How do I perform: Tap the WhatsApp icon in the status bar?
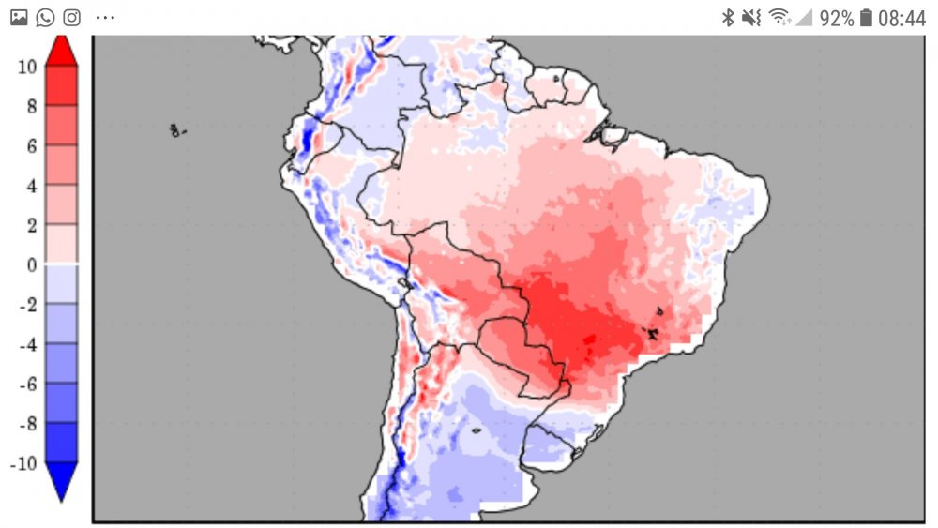click(45, 17)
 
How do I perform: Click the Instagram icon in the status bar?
click(71, 17)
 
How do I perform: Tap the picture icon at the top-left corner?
click(19, 17)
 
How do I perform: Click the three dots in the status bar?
click(105, 18)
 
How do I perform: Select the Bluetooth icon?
click(727, 18)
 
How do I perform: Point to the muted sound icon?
click(750, 18)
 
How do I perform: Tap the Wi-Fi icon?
click(779, 18)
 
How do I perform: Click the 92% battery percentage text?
click(836, 18)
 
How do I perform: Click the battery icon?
click(866, 18)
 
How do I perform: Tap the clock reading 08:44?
click(901, 18)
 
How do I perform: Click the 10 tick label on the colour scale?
click(26, 67)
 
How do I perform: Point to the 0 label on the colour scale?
click(31, 265)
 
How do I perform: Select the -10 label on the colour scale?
click(23, 463)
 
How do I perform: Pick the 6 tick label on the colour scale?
click(31, 146)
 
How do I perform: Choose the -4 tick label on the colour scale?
click(27, 344)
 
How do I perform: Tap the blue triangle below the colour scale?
click(61, 480)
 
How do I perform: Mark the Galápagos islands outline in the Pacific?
click(176, 130)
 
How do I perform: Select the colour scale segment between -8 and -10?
click(61, 443)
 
